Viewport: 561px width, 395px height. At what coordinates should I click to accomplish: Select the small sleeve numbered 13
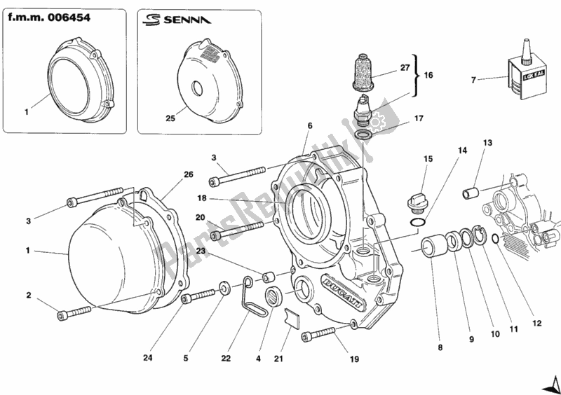(471, 190)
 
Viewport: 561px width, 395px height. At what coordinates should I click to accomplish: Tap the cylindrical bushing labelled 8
(433, 247)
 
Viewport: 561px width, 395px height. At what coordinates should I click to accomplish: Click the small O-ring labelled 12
(496, 240)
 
